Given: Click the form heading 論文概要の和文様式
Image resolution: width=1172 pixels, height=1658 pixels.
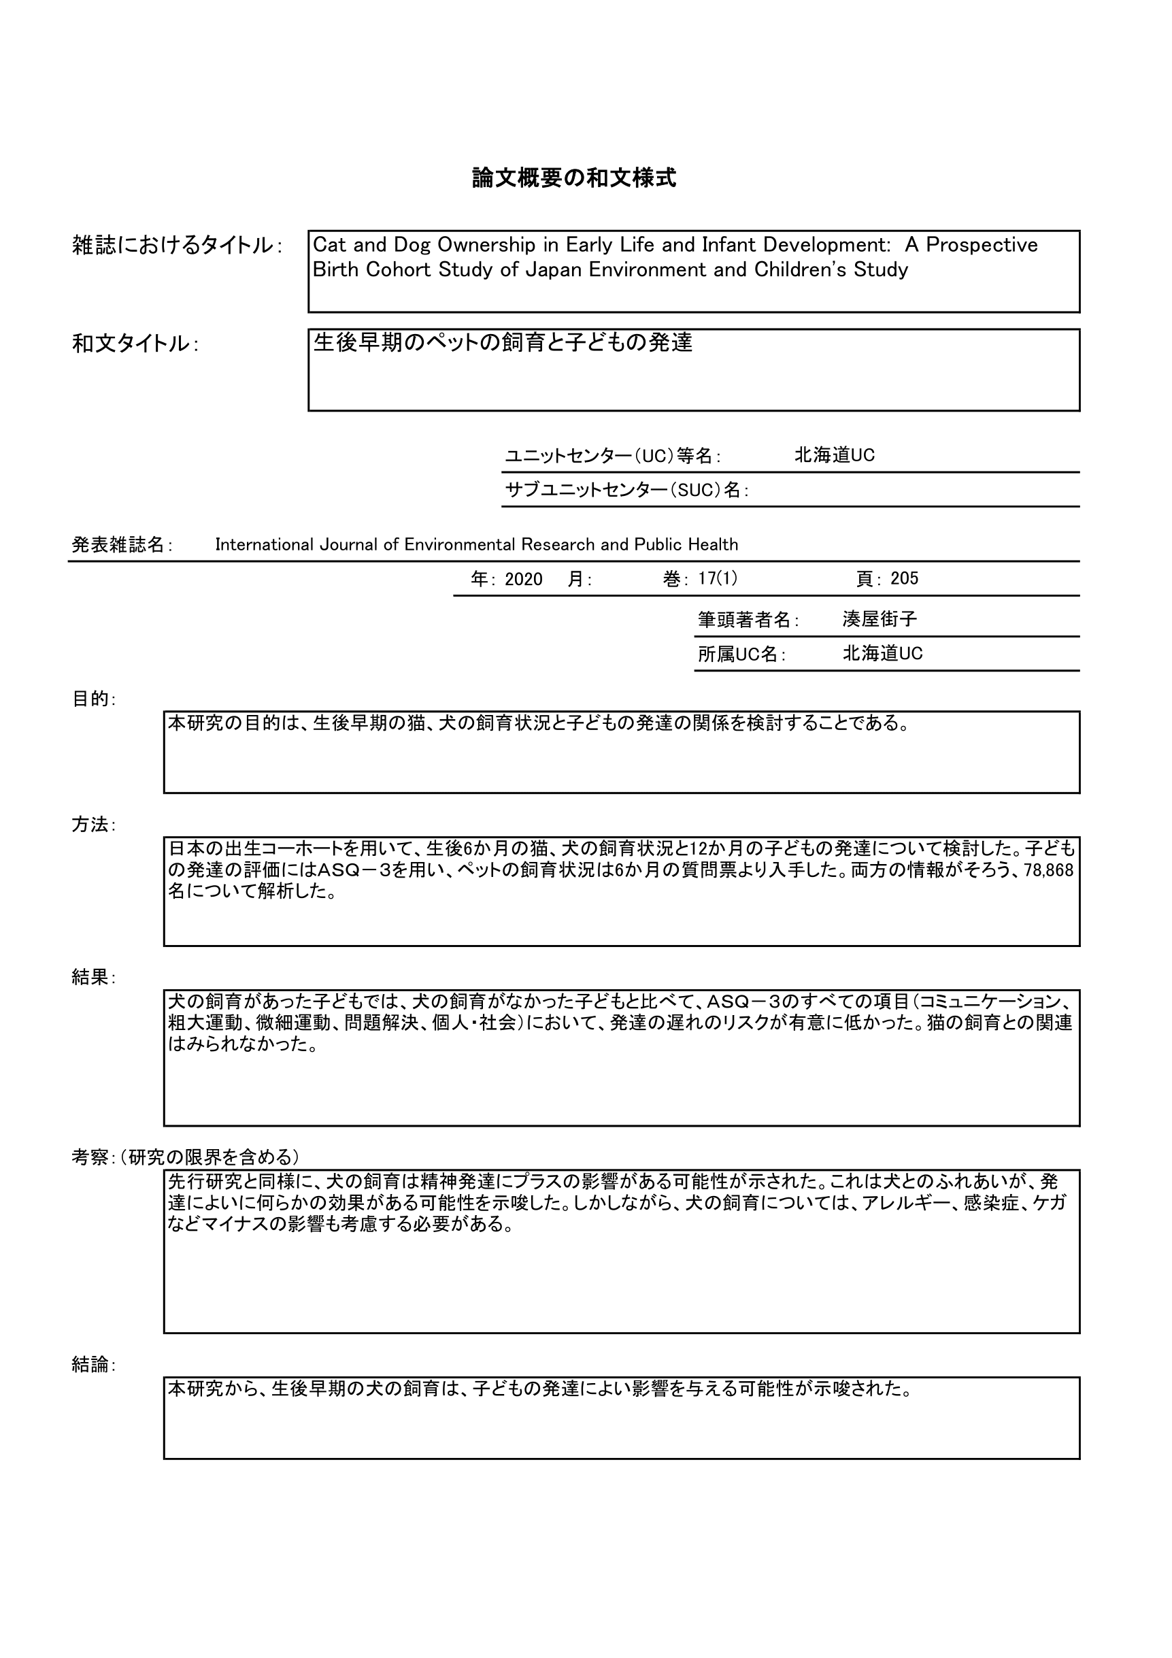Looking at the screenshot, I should pos(574,178).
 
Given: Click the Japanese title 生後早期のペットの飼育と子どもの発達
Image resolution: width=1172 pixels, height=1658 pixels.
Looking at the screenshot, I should pos(503,342).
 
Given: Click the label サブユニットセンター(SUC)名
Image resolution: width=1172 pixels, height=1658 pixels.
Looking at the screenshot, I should pos(625,491).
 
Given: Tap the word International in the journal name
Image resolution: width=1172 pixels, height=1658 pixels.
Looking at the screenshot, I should pos(265,544).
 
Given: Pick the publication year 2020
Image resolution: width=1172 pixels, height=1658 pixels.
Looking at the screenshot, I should pos(524,579).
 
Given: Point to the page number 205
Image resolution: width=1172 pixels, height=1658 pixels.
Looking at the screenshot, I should pos(904,579).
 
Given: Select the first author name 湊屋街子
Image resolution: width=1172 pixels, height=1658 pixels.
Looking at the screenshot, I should pos(879,620).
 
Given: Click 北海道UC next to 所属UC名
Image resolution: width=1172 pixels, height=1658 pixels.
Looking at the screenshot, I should pos(882,654).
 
